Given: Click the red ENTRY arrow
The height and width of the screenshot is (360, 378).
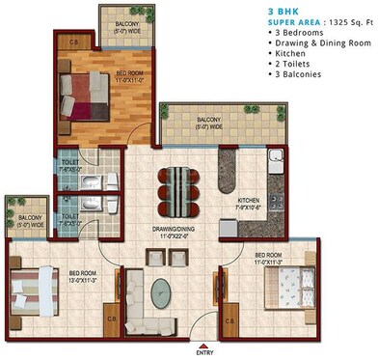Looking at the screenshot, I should pyautogui.click(x=200, y=340).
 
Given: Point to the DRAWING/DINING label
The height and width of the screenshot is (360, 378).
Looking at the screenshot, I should pyautogui.click(x=173, y=229).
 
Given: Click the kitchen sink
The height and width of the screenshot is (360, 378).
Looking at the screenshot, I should pyautogui.click(x=273, y=161).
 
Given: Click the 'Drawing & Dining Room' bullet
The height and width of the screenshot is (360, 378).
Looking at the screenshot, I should pyautogui.click(x=321, y=43).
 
